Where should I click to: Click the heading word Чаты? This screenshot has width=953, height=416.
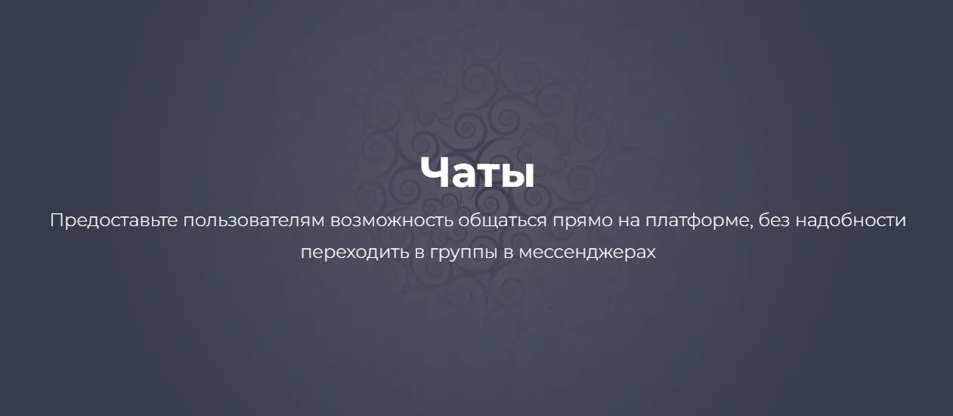(477, 172)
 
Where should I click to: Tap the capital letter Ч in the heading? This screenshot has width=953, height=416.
(433, 172)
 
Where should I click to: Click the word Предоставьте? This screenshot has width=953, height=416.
(113, 221)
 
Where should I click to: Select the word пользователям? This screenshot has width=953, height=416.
(254, 221)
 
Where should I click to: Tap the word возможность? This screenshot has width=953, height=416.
(391, 221)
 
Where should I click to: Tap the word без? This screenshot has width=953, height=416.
(774, 221)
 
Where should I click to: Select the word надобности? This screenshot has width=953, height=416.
(850, 221)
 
